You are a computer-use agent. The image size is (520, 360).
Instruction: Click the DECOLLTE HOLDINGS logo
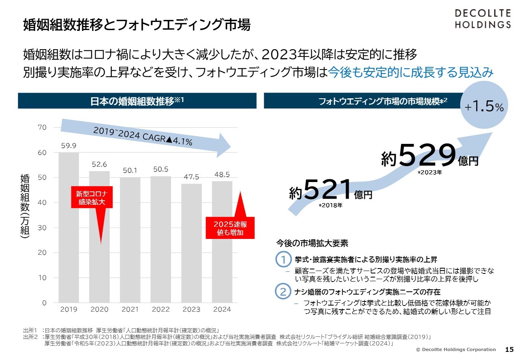point(482,18)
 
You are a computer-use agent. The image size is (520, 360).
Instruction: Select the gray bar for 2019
point(69,228)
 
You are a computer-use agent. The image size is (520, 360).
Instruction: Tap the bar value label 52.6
point(99,164)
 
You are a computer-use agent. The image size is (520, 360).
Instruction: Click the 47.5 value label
point(191,177)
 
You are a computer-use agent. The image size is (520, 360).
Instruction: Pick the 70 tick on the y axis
point(43,128)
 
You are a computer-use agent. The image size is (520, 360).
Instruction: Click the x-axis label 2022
point(160,310)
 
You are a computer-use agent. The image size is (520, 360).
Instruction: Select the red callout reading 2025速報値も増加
point(230,228)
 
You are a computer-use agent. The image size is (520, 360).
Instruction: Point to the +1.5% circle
point(484,106)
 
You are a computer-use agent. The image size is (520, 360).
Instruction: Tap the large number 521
point(327,190)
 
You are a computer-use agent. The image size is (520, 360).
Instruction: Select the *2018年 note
point(331,205)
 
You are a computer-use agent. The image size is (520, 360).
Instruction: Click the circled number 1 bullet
point(283,259)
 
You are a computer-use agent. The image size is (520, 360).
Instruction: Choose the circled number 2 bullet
point(283,292)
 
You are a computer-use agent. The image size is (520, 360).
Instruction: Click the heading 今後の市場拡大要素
point(312,243)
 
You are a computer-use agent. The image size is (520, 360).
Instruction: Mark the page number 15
point(509,349)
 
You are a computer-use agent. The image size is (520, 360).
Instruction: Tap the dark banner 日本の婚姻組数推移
point(137,101)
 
